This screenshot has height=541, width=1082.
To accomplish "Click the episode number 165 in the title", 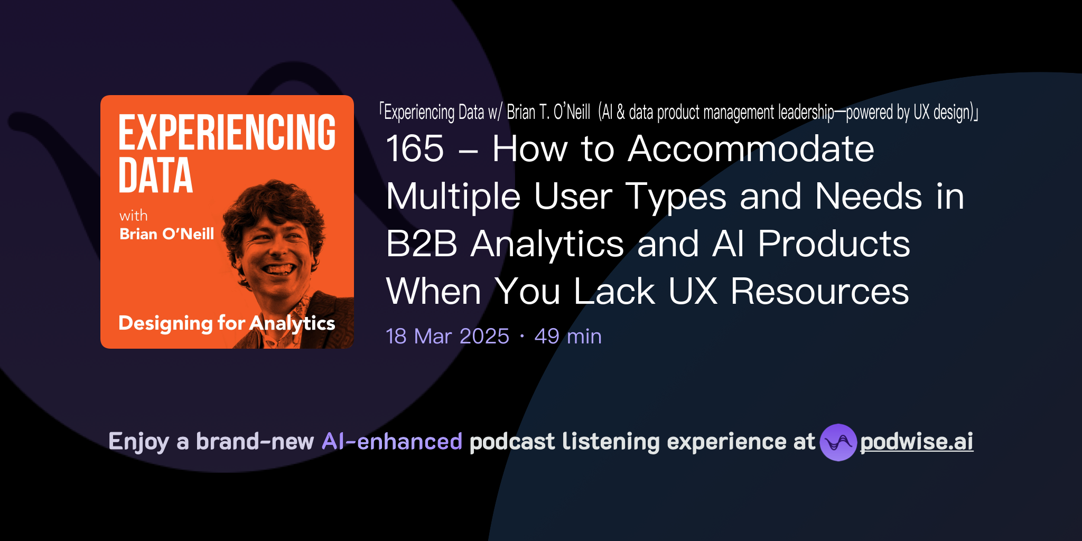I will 415,149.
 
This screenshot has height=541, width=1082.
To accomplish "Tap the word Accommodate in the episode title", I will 751,149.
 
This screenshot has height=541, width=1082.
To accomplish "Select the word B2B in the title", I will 421,244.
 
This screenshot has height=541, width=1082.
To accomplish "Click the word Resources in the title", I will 819,292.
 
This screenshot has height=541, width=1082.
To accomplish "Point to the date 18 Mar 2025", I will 447,337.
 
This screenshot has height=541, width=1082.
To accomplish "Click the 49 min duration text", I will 568,337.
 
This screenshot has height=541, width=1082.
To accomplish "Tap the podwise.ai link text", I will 916,442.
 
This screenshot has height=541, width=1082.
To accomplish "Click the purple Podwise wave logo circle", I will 838,442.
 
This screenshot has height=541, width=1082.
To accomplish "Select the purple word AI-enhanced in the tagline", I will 392,442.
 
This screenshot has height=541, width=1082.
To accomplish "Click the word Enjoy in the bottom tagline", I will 138,442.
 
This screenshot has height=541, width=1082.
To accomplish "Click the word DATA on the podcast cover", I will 155,175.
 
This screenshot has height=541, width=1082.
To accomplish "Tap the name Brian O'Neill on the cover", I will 166,234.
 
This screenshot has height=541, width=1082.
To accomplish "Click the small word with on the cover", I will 133,216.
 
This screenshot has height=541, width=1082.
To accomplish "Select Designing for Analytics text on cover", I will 227,323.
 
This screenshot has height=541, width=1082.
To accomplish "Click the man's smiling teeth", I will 279,269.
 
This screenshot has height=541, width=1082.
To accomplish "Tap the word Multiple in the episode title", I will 453,197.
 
